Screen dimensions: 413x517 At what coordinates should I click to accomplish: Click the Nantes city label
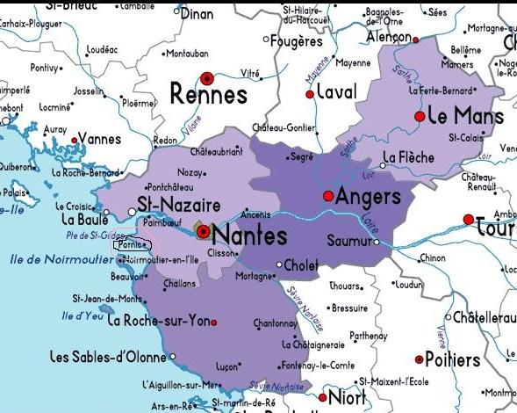click(250, 235)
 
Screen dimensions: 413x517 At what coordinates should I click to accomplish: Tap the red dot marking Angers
click(327, 195)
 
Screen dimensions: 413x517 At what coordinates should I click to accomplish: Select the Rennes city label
click(208, 92)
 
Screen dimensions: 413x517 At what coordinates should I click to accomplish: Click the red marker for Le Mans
click(420, 116)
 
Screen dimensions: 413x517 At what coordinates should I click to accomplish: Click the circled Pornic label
click(132, 246)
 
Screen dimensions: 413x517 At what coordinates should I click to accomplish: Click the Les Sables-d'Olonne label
click(108, 357)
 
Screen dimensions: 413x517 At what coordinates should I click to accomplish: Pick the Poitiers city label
click(452, 359)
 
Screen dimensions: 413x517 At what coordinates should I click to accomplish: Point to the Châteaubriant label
click(216, 152)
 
